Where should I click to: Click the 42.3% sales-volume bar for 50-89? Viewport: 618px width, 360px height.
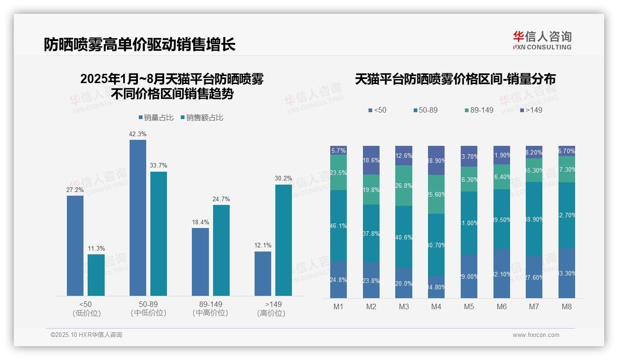pyautogui.click(x=137, y=217)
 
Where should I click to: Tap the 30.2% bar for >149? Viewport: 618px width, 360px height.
pyautogui.click(x=284, y=240)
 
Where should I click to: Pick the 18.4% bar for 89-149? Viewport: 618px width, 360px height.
pyautogui.click(x=200, y=262)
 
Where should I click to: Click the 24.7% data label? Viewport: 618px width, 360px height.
pyautogui.click(x=221, y=199)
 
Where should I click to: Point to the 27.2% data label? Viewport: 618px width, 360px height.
pyautogui.click(x=75, y=190)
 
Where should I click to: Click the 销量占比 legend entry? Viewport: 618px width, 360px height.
pyautogui.click(x=156, y=118)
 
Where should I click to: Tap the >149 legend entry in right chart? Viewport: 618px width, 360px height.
pyautogui.click(x=531, y=110)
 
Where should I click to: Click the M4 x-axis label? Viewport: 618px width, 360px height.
pyautogui.click(x=436, y=306)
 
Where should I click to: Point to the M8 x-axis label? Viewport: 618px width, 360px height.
pyautogui.click(x=567, y=306)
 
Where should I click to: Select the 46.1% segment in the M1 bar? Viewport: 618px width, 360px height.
pyautogui.click(x=339, y=225)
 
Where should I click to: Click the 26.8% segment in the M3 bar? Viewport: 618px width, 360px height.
pyautogui.click(x=404, y=186)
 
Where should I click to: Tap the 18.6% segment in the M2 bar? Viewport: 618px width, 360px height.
pyautogui.click(x=371, y=160)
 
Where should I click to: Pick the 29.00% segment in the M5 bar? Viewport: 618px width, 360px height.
pyautogui.click(x=469, y=276)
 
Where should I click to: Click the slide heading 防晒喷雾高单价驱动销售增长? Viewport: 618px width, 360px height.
pyautogui.click(x=140, y=45)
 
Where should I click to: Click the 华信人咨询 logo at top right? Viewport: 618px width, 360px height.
pyautogui.click(x=542, y=40)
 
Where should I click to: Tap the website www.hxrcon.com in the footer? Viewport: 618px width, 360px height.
pyautogui.click(x=536, y=335)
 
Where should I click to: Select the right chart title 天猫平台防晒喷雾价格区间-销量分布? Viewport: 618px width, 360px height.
pyautogui.click(x=455, y=79)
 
